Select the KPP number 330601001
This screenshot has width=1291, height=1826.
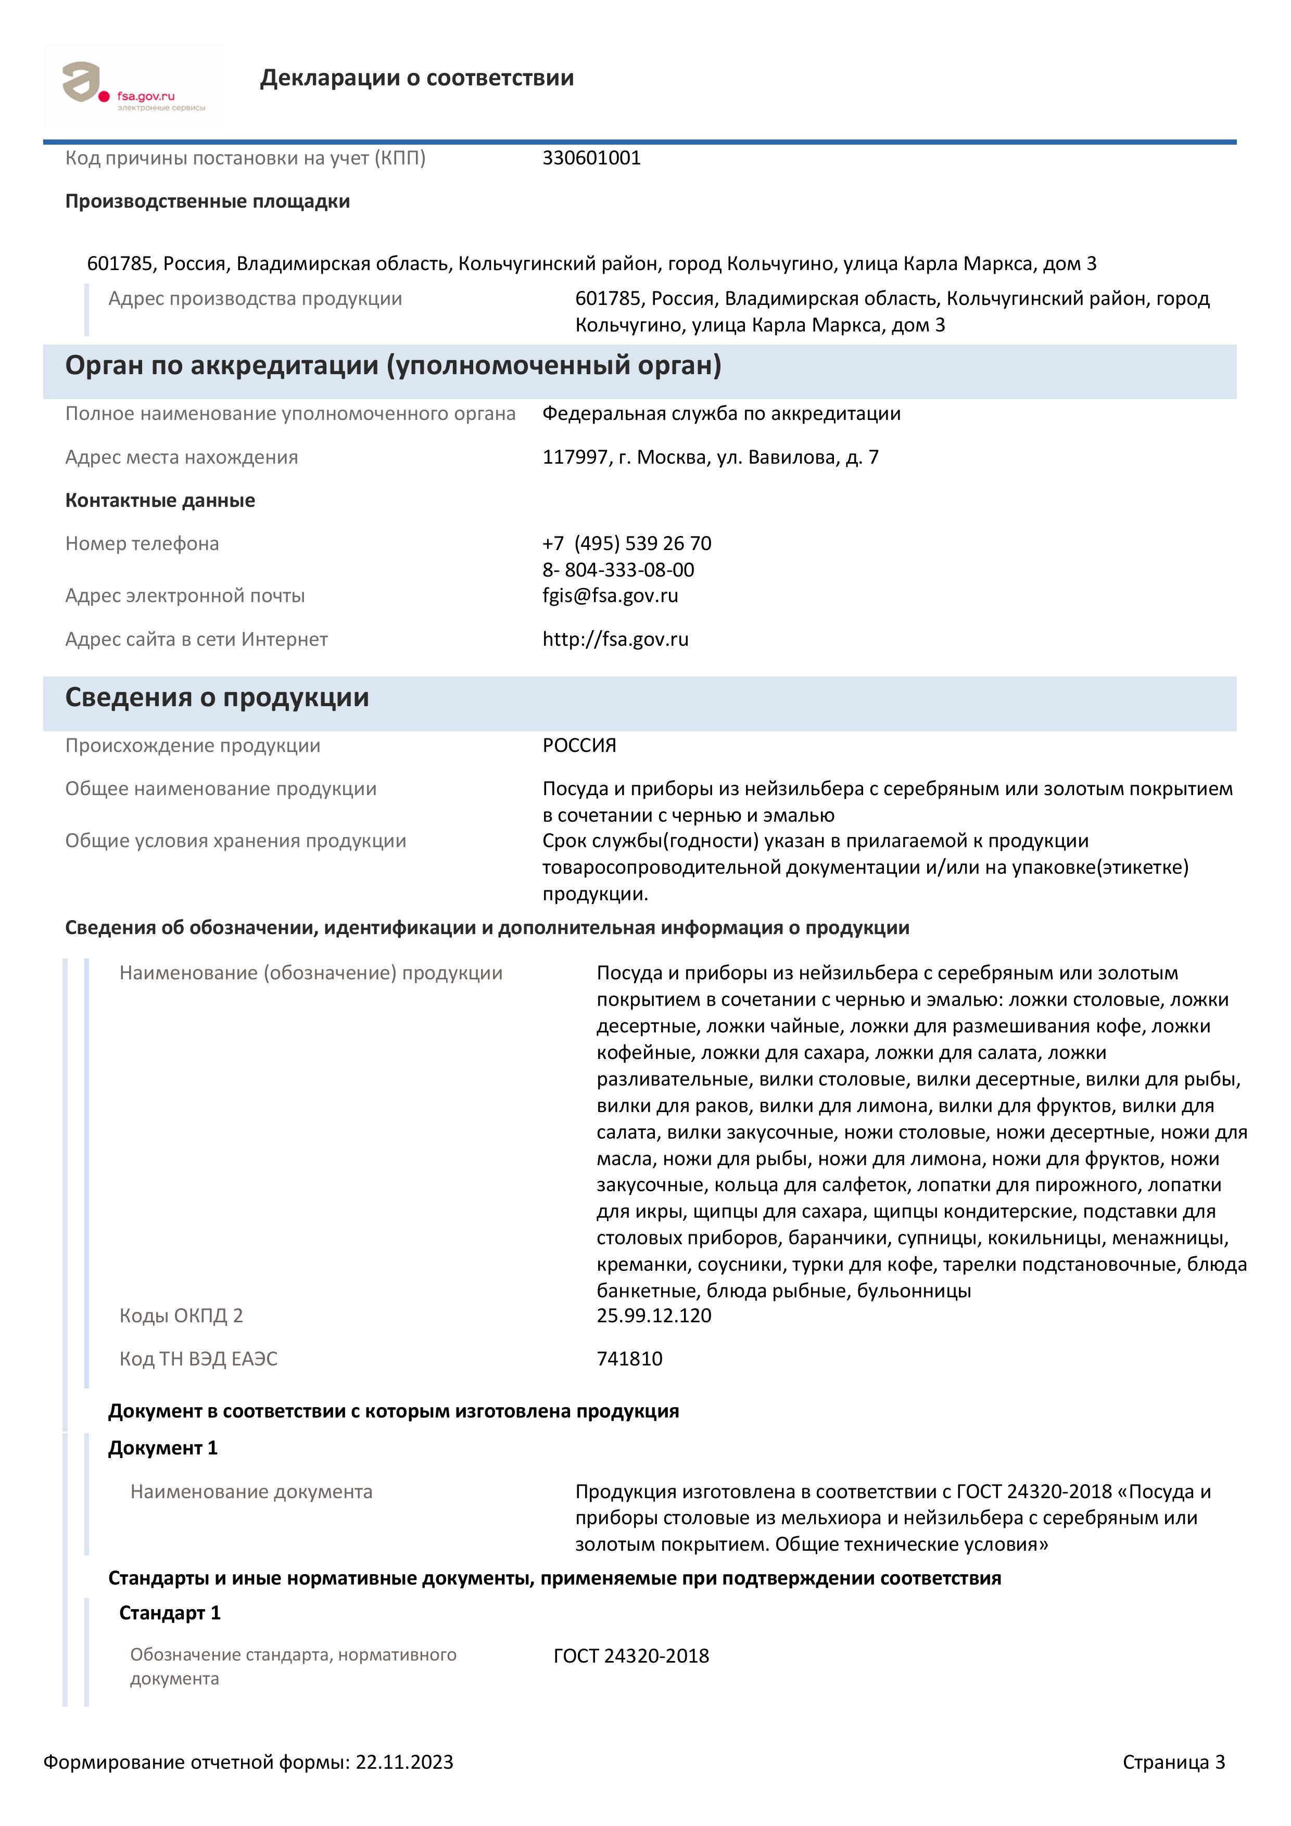[x=591, y=158]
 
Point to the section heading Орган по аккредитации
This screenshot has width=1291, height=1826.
[x=393, y=366]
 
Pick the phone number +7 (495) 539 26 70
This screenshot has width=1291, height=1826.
[x=626, y=543]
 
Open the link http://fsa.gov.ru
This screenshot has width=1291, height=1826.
[x=615, y=640]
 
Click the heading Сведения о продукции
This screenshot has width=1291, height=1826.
[x=217, y=697]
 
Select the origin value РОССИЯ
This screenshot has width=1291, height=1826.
[x=579, y=746]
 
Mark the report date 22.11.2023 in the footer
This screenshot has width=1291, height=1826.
[x=404, y=1763]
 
